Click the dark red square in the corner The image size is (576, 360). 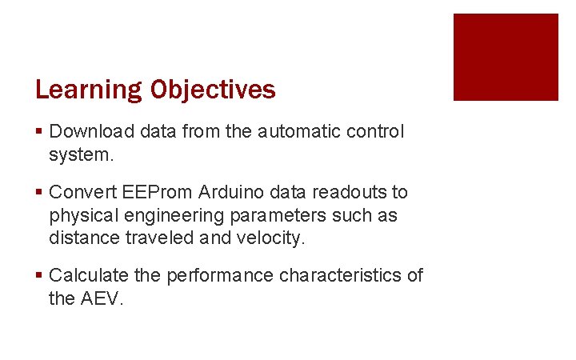tap(506, 57)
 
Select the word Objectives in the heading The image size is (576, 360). tap(213, 90)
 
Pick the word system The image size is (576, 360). tap(82, 154)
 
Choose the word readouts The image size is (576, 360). tap(350, 193)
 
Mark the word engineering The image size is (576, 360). tap(165, 216)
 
